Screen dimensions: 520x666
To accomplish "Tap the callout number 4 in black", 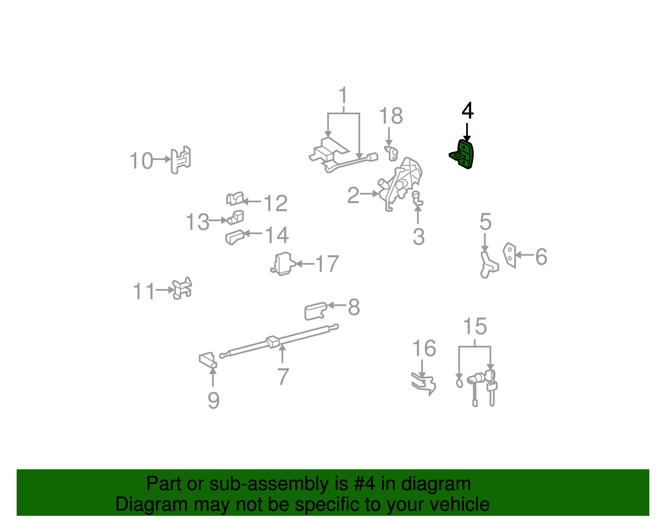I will tap(467, 111).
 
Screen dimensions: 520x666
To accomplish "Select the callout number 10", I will tap(141, 161).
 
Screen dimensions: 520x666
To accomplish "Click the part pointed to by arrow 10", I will tap(181, 159).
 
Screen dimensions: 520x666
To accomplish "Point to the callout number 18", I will tap(391, 116).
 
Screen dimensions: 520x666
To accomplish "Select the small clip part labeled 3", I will tap(417, 198).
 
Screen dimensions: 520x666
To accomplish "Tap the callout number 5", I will tap(485, 222).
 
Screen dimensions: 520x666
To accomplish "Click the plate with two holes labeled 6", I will tap(509, 255).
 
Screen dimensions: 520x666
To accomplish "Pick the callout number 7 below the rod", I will tap(283, 377).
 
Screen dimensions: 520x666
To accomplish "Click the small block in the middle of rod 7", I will tap(273, 341).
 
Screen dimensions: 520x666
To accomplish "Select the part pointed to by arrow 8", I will tap(315, 311).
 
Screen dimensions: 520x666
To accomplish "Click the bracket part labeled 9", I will tap(208, 360).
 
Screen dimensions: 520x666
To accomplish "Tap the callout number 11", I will tap(144, 292).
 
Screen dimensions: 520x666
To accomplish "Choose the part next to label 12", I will tap(235, 199).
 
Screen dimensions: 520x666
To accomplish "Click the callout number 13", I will tap(197, 222).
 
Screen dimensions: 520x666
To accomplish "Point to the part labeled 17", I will tap(283, 264).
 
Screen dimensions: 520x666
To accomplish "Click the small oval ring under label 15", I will tap(460, 383).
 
